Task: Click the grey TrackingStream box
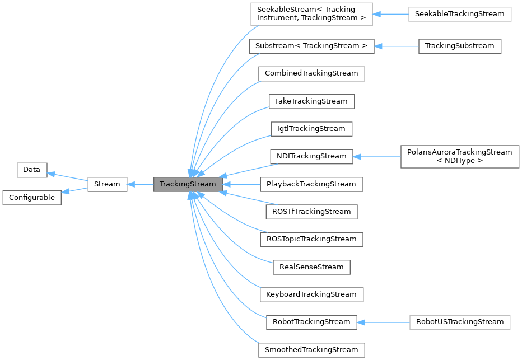(187, 184)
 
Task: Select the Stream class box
(107, 184)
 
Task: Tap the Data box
(32, 170)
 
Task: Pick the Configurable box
(31, 198)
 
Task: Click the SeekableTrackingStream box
(460, 13)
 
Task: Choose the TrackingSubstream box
(459, 46)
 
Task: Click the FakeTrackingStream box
(311, 101)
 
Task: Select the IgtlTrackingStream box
(311, 129)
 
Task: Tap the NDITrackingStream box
(311, 156)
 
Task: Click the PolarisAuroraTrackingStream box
(460, 156)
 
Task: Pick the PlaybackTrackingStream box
(311, 184)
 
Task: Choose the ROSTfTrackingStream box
(311, 212)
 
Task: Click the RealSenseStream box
(311, 267)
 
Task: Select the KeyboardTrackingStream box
(311, 294)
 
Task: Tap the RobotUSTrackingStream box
(460, 322)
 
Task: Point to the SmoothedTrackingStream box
(311, 350)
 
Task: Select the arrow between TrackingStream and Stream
(140, 184)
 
